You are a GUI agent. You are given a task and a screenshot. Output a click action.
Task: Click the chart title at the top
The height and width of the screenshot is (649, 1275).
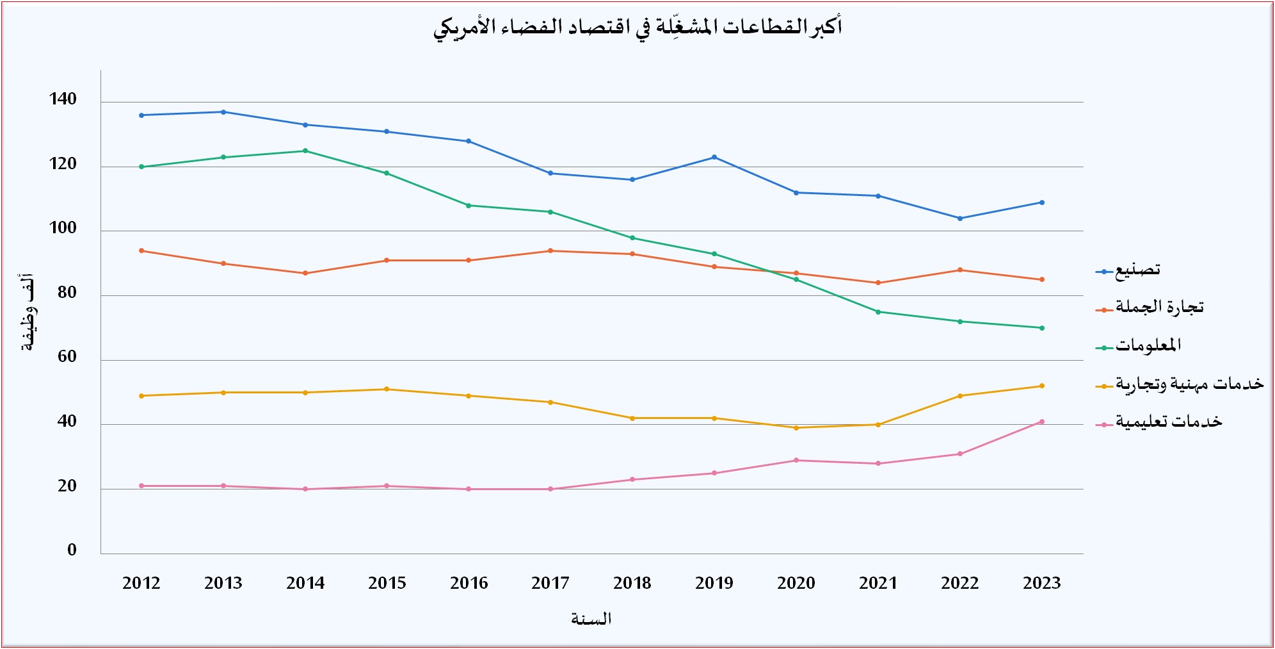[637, 28]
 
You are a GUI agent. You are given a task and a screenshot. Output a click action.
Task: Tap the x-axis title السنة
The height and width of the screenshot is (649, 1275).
[591, 618]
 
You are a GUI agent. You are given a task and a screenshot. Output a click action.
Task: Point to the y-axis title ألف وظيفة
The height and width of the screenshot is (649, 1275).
[28, 312]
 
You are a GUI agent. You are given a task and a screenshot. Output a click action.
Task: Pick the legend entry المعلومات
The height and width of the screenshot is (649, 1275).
[1139, 346]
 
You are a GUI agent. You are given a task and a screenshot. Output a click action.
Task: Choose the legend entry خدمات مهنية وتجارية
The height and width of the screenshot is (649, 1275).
[1180, 384]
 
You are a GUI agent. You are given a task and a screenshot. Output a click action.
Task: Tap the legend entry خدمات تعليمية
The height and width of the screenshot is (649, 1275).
[1159, 422]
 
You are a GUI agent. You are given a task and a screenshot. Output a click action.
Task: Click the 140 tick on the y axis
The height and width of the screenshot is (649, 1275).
[63, 99]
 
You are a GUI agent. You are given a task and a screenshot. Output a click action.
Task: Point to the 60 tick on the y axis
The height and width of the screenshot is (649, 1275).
[67, 357]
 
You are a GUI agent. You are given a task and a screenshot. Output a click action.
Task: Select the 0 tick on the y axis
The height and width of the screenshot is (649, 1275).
[72, 550]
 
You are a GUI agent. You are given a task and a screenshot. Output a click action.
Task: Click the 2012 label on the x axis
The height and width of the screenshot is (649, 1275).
[141, 583]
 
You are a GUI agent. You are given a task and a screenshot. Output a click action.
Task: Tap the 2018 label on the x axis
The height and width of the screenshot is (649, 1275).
[632, 583]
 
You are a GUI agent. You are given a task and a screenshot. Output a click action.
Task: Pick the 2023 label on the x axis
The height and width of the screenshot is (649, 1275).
[1042, 583]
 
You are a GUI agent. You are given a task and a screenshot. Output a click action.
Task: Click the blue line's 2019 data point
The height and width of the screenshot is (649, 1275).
[714, 157]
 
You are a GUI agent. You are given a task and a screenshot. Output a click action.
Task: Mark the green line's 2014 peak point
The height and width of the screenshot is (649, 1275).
[305, 151]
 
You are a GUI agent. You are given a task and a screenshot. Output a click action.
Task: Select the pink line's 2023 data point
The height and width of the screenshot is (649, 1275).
[1042, 422]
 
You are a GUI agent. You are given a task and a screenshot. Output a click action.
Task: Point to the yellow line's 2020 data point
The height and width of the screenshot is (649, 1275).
[796, 428]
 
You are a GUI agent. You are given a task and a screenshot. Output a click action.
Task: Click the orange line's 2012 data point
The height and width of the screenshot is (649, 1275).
[141, 251]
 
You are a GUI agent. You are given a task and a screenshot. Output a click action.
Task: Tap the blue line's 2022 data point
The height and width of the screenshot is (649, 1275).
[960, 218]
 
